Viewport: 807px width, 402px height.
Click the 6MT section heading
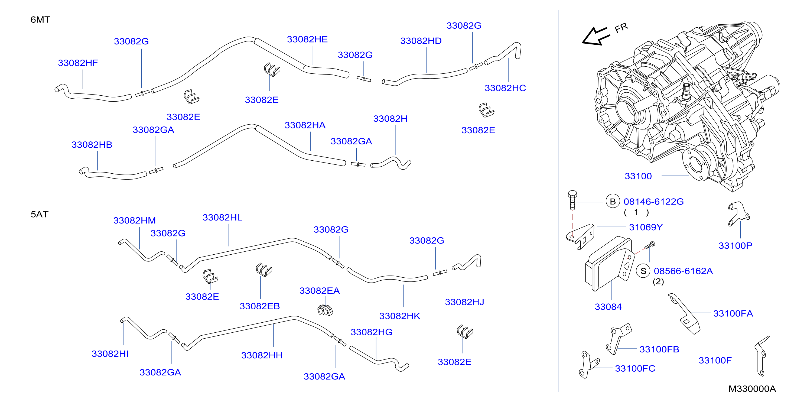pos(40,20)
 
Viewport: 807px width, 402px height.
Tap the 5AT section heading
pos(40,214)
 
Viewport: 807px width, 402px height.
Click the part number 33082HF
pos(78,63)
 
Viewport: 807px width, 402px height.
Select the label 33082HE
pos(307,40)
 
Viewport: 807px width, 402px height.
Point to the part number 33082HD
pos(421,41)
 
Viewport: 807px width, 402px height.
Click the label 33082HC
pos(505,88)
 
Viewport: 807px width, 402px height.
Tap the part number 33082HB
pos(92,145)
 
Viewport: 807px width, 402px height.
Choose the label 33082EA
pos(320,291)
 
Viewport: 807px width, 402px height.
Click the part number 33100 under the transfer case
pos(638,176)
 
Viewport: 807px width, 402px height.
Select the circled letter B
pos(613,202)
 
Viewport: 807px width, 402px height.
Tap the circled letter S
pos(643,271)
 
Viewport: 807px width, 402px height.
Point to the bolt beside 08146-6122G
pos(572,200)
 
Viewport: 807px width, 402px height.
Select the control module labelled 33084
pos(609,264)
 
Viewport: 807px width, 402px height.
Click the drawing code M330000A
pos(752,389)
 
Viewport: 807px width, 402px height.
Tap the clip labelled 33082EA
pos(325,310)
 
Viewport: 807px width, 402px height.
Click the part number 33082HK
pos(399,316)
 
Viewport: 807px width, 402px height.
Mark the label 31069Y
pos(646,227)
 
